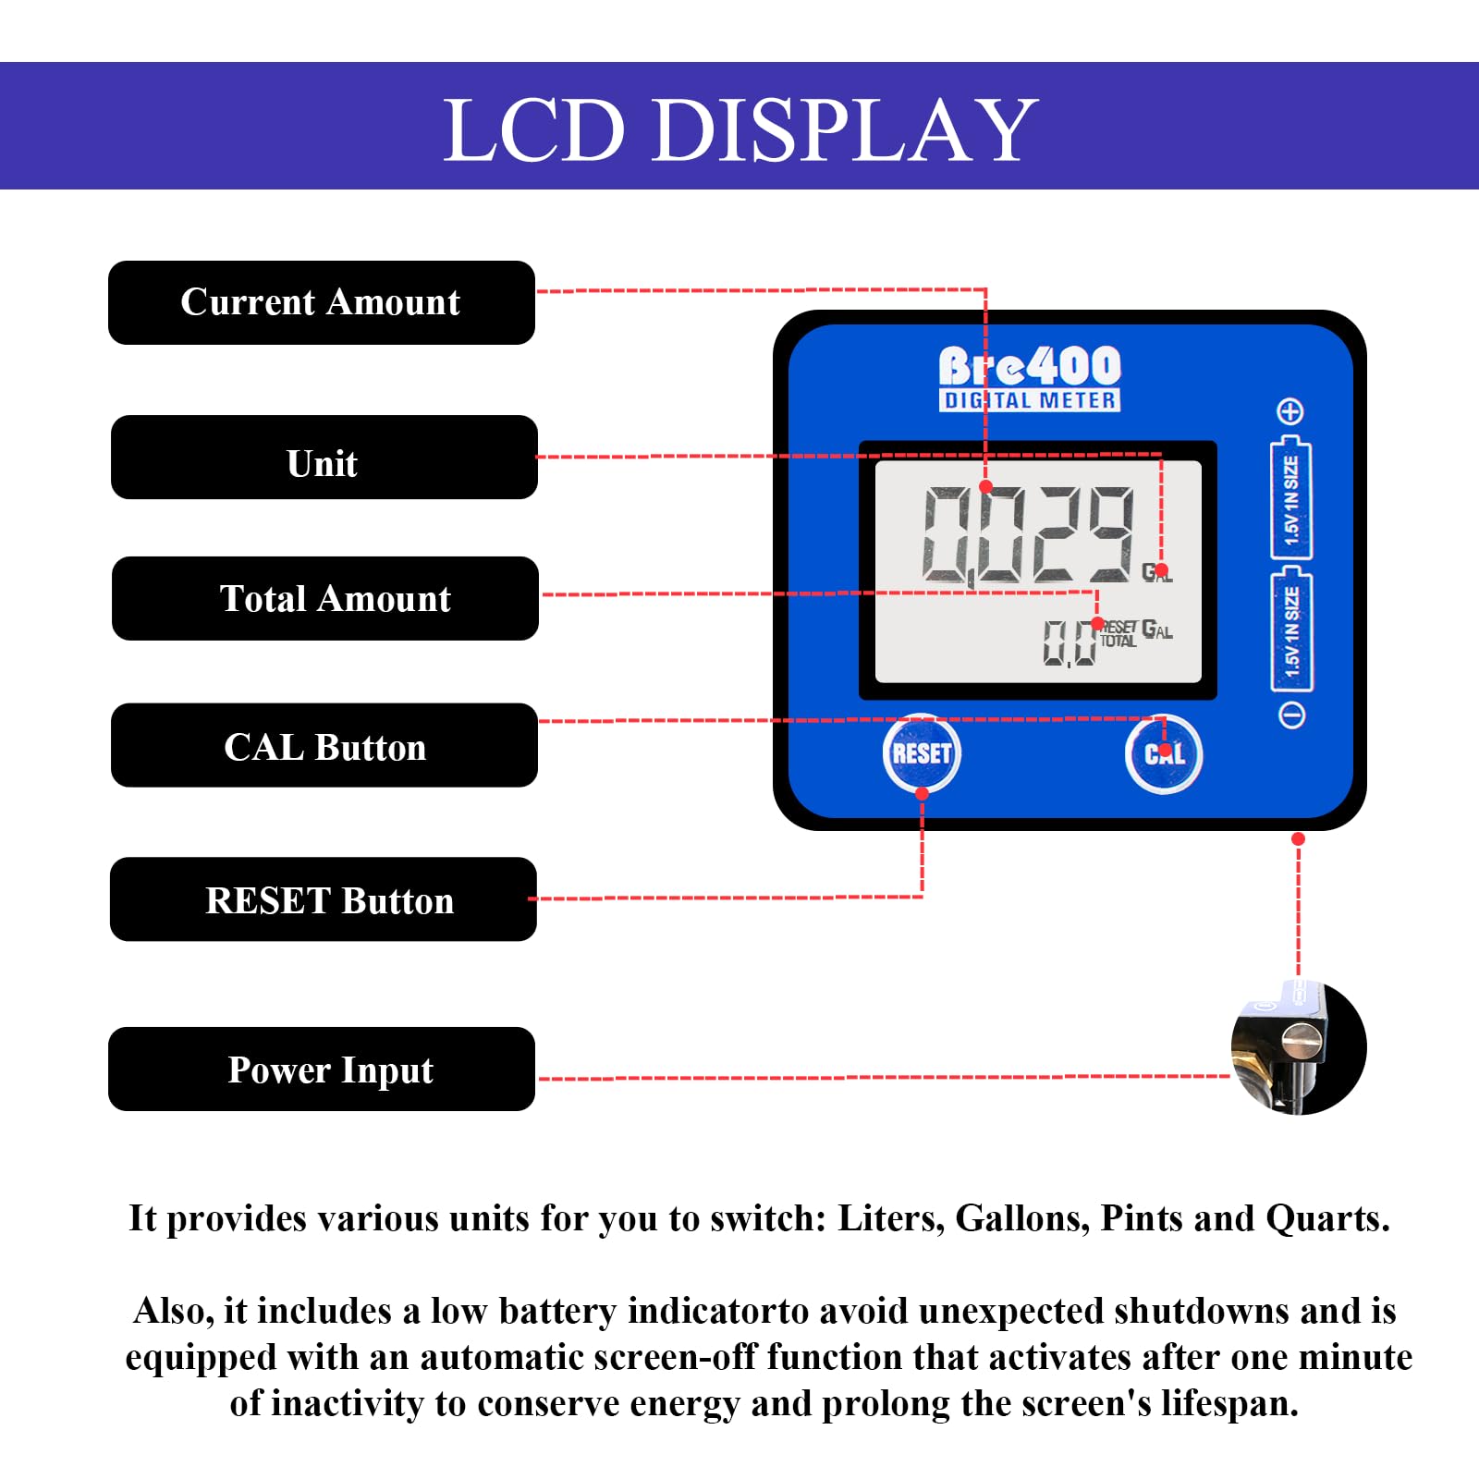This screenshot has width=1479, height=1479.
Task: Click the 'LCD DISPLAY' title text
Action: (739, 129)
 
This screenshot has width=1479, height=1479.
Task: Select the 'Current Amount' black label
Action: (321, 302)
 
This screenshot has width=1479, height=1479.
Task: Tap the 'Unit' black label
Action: (324, 458)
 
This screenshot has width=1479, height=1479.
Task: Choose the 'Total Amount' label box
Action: (324, 598)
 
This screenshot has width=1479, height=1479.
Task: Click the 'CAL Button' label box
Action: (324, 745)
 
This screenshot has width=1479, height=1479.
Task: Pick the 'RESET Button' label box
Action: (323, 899)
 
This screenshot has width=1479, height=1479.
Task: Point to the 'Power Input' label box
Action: (321, 1069)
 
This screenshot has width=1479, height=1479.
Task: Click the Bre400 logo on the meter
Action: (1030, 366)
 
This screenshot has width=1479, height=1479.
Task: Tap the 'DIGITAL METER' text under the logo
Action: (1030, 400)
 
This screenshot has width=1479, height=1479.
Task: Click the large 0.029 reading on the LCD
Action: (1028, 535)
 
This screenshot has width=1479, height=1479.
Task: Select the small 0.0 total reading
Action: (1069, 643)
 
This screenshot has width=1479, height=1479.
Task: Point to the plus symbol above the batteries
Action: (1290, 411)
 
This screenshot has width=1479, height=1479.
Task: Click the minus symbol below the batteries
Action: (1291, 714)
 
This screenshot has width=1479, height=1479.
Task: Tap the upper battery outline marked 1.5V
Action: (1291, 497)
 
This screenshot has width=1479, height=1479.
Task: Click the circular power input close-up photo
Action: (1298, 1048)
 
